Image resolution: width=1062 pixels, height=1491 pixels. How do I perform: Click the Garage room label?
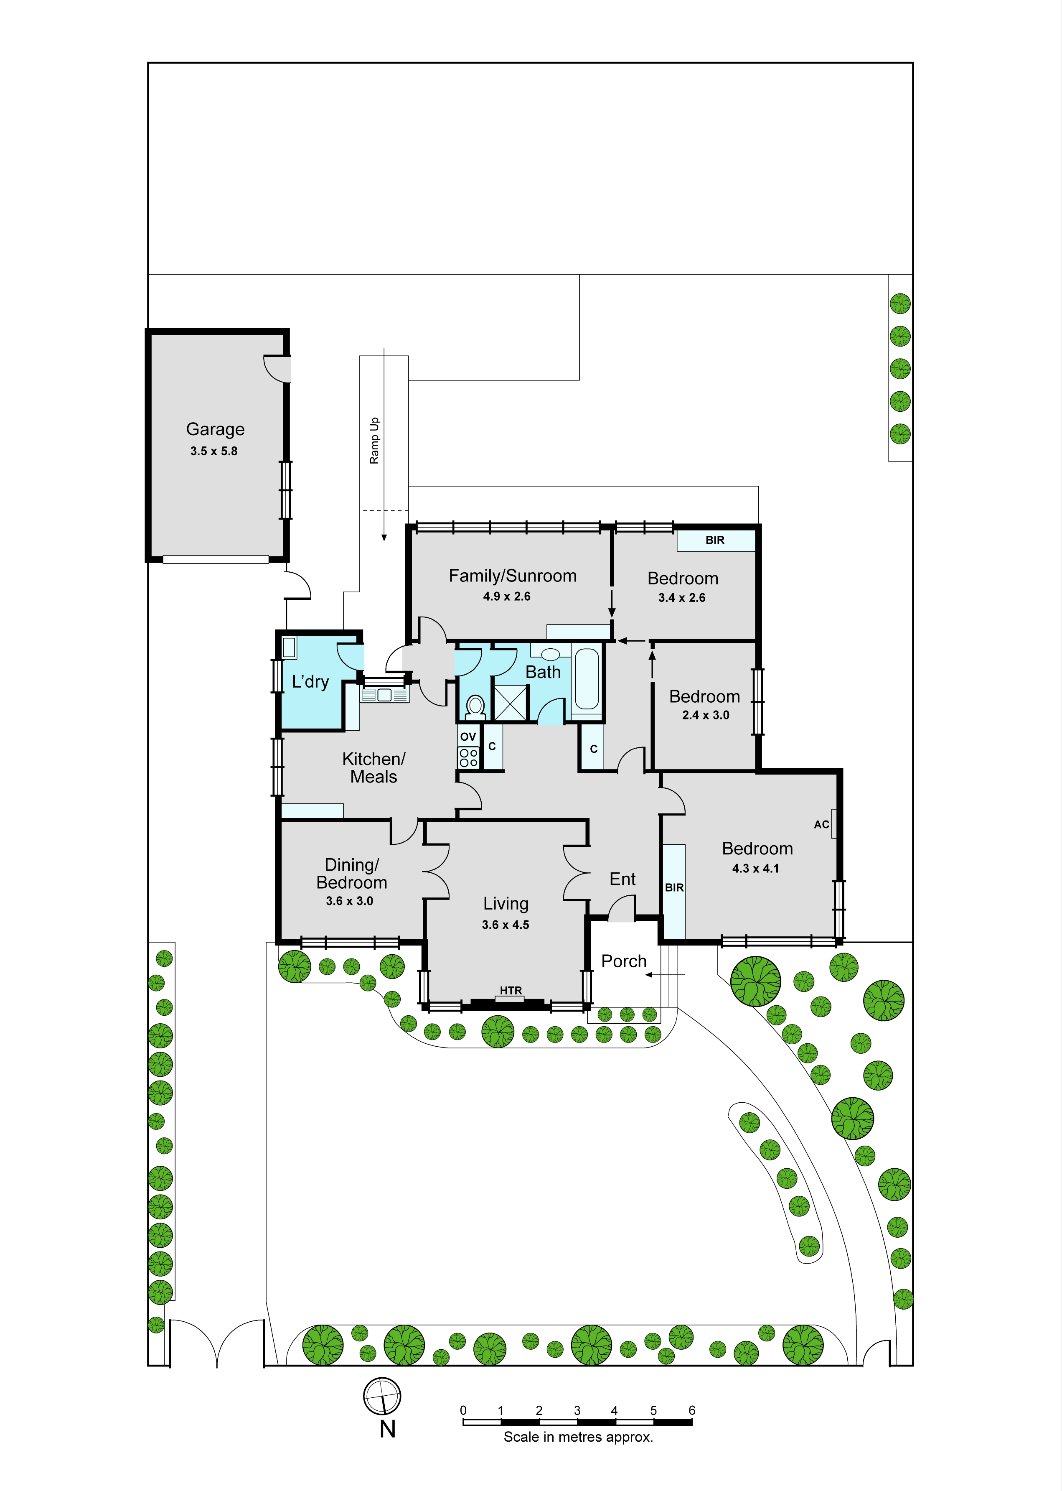coord(215,429)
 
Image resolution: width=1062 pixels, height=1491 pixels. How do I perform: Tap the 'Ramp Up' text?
coord(375,441)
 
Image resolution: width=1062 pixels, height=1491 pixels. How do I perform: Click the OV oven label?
coord(468,737)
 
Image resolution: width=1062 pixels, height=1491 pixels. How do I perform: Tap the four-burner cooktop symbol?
coord(468,757)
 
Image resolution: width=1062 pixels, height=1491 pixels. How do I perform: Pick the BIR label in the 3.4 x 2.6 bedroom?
coord(715,540)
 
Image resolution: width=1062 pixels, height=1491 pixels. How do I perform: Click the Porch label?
coord(624,961)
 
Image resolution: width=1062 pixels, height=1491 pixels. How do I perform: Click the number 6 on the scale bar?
coord(692,1410)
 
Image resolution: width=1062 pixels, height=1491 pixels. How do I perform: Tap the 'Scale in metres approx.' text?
coord(578,1437)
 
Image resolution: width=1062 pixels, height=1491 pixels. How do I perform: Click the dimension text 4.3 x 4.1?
coord(755,869)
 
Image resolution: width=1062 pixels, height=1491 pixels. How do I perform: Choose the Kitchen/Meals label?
coord(373,767)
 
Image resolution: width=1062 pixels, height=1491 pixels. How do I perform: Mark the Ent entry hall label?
coord(622,879)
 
